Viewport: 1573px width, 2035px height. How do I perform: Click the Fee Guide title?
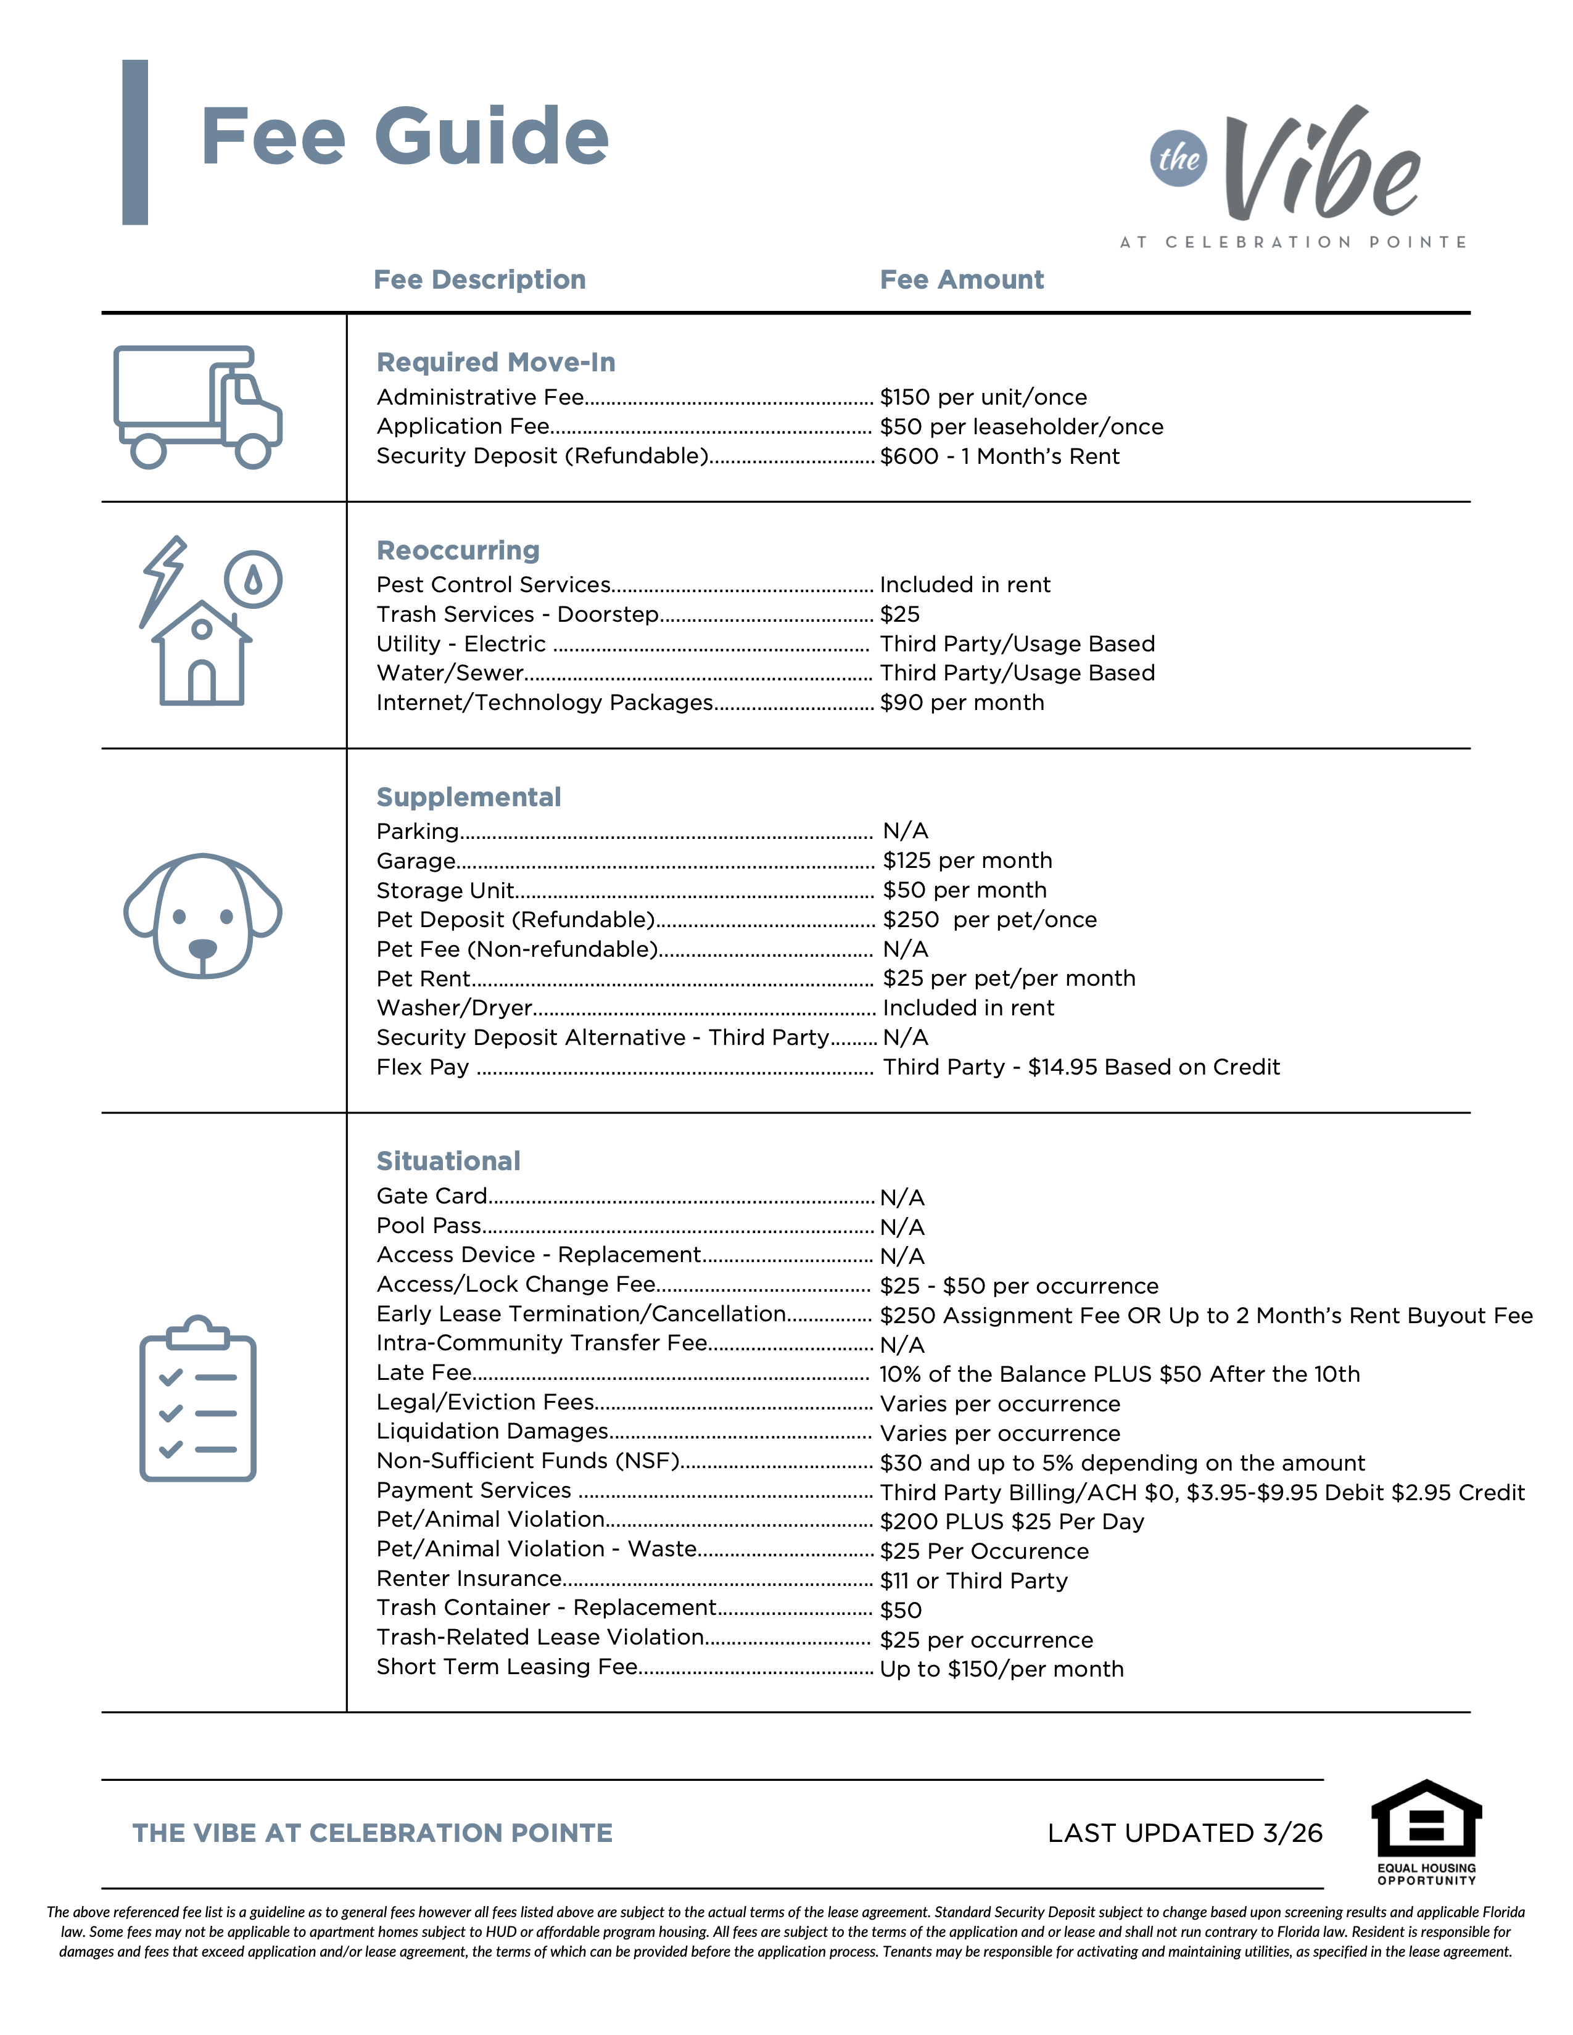coord(405,137)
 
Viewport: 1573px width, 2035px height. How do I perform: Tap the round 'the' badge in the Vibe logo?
coord(1178,159)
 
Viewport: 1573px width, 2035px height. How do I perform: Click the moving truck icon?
coord(197,407)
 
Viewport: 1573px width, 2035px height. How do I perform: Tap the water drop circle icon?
coord(252,580)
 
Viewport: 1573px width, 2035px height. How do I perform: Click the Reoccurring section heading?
coord(458,551)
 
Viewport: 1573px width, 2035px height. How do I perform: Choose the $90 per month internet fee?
coord(962,703)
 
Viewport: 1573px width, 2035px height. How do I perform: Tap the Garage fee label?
coord(416,861)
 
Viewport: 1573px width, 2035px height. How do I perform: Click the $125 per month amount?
coord(967,861)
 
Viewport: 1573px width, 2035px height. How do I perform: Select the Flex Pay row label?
coord(422,1068)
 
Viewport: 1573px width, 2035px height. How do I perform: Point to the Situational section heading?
coord(448,1161)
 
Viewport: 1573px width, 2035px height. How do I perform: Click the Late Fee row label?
coord(424,1372)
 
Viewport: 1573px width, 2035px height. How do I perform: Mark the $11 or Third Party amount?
coord(974,1581)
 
